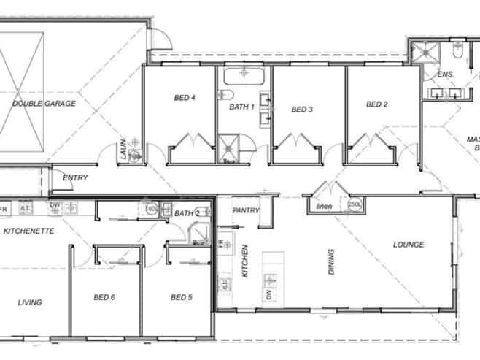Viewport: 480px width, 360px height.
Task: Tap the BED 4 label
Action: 185,98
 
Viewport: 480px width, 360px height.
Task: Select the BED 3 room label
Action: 302,110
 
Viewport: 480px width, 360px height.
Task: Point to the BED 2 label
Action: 377,104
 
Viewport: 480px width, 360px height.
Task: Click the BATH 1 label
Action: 242,107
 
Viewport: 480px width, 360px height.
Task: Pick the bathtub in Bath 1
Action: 243,77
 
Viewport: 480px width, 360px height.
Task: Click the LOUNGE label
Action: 409,245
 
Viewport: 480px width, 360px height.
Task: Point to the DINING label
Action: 332,261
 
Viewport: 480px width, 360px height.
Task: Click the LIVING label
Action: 30,302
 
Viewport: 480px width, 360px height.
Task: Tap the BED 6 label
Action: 104,297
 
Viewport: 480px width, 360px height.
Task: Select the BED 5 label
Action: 181,297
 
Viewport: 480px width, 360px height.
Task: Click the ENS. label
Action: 445,74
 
